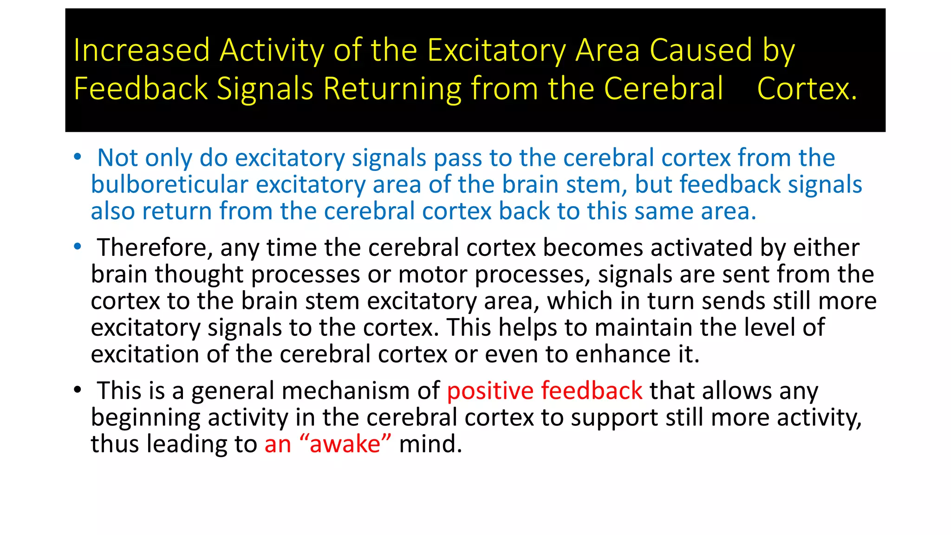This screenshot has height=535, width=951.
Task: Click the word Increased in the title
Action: click(x=142, y=50)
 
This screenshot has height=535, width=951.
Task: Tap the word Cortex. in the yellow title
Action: click(x=807, y=88)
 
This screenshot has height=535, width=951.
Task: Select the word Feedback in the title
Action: click(x=141, y=88)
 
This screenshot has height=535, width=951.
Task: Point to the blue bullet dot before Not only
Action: click(x=78, y=157)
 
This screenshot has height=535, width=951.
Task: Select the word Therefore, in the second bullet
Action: click(x=155, y=248)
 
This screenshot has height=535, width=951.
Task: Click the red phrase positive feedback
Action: click(x=544, y=391)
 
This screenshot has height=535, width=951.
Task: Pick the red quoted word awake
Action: click(x=345, y=444)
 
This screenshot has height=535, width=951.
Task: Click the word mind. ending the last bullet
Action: click(x=430, y=444)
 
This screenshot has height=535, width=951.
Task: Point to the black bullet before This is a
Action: click(x=78, y=390)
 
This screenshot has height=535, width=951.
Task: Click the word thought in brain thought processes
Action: click(x=199, y=274)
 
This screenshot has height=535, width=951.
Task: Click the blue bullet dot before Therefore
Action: click(x=78, y=246)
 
